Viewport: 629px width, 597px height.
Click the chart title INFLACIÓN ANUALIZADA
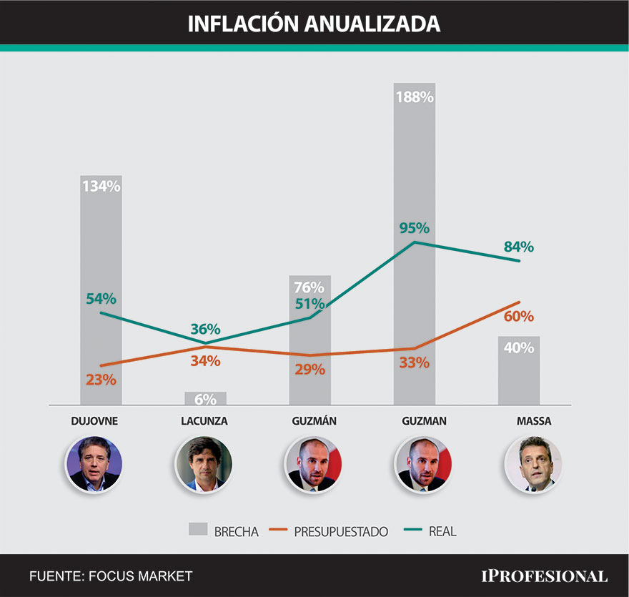pos(314,23)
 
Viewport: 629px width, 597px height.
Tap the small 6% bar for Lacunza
pos(206,398)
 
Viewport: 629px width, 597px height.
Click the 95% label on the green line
pos(415,229)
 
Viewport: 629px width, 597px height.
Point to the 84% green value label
pos(519,247)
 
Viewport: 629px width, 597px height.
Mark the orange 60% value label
pos(519,316)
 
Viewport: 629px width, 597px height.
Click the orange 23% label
pos(101,380)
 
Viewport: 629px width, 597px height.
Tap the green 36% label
pos(205,330)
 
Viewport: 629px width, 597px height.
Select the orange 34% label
pos(205,361)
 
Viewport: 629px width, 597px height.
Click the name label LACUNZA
pos(204,421)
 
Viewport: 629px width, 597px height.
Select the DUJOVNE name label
pos(94,421)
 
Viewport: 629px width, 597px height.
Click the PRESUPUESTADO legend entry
pos(330,531)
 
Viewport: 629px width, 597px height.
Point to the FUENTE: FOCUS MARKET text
pos(111,576)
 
